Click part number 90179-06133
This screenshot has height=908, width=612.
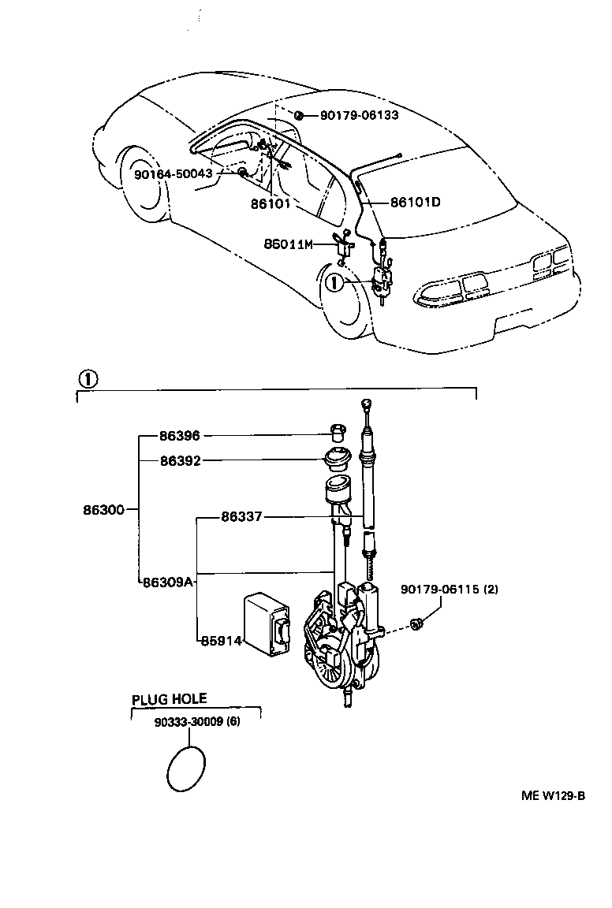click(x=359, y=116)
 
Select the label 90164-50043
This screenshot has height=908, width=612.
click(x=173, y=173)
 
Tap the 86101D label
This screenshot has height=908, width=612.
click(x=415, y=202)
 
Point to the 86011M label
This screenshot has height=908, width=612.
click(x=288, y=244)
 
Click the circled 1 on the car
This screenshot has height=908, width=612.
click(x=334, y=282)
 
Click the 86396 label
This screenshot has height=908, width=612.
click(x=179, y=435)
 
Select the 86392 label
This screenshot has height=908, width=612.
click(x=179, y=460)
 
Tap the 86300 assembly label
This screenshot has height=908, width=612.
click(x=103, y=510)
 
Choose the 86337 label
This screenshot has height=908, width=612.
click(x=241, y=517)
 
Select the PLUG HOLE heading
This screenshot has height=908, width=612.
click(x=169, y=698)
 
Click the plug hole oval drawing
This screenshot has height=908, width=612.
click(x=188, y=767)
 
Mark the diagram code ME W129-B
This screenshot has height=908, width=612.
click(x=552, y=795)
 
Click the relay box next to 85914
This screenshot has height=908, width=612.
click(x=267, y=623)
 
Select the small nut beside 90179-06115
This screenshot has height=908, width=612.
click(x=418, y=625)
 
